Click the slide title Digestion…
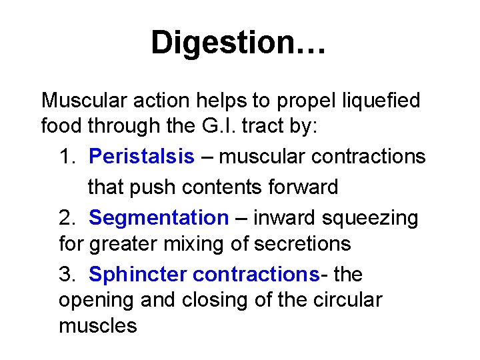tap(239, 43)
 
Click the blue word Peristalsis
tap(141, 157)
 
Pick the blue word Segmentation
tap(159, 217)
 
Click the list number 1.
tap(67, 157)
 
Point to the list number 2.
tap(67, 217)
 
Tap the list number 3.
tap(67, 274)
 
